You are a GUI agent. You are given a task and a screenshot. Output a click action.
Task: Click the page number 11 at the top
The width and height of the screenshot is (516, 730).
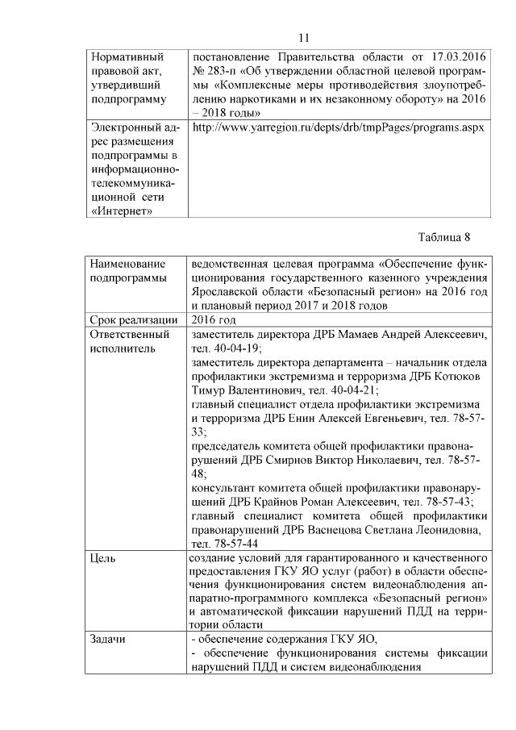303,38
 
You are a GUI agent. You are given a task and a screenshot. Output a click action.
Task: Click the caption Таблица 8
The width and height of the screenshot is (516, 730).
443,236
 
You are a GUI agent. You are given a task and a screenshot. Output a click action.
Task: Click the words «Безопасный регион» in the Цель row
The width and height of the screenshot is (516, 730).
439,598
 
